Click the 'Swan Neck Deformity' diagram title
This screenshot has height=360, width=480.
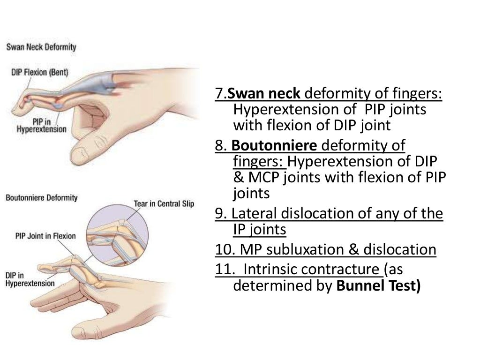click(41, 47)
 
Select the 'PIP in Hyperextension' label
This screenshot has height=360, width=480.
click(41, 126)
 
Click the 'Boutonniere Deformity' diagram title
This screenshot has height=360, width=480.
click(41, 198)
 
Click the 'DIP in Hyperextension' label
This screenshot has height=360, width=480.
click(30, 279)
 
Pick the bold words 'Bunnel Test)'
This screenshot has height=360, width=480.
click(378, 286)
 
